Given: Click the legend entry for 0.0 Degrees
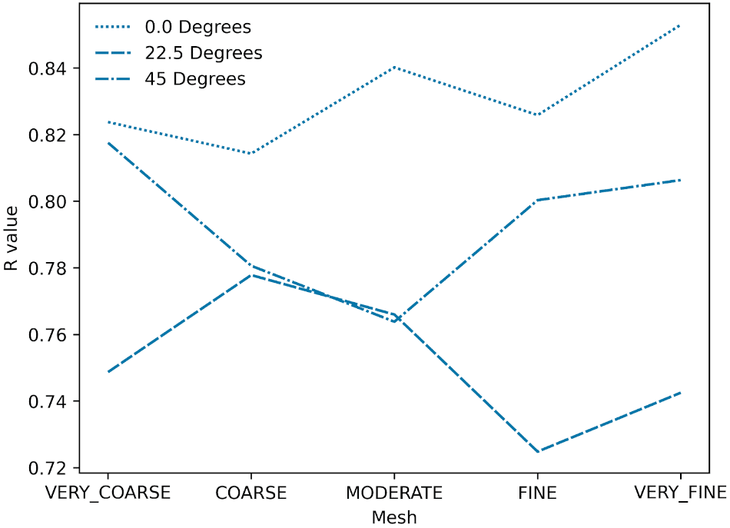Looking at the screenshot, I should [x=197, y=28].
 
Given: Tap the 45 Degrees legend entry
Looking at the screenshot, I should [x=194, y=79].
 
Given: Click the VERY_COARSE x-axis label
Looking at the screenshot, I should [x=108, y=493].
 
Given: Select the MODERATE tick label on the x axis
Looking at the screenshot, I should [x=394, y=493].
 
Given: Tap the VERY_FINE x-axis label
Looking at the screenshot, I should [x=680, y=493].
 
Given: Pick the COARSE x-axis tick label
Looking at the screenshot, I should [x=251, y=493].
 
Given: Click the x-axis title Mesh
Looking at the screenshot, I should [x=394, y=517].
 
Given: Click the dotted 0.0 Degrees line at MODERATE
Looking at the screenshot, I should [x=394, y=67].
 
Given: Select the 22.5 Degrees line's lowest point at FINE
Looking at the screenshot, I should [x=537, y=452].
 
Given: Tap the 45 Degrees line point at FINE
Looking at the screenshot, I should [x=537, y=200].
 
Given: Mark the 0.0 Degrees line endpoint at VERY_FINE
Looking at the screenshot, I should [x=680, y=25].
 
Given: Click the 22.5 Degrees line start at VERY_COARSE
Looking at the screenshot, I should [x=108, y=372].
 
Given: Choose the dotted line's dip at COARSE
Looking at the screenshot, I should [x=251, y=154].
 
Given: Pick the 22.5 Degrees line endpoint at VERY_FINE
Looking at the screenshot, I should [x=680, y=393].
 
